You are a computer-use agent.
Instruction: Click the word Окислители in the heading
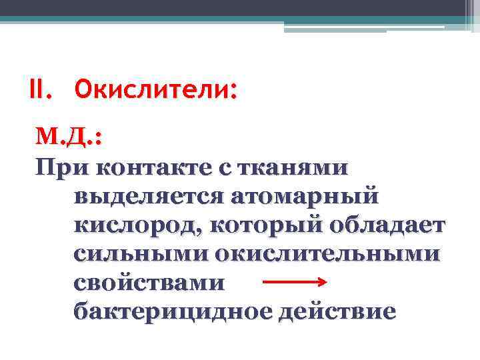coord(153,89)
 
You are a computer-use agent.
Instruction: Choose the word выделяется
coord(151,197)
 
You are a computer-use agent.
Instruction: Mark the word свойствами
coord(149,283)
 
